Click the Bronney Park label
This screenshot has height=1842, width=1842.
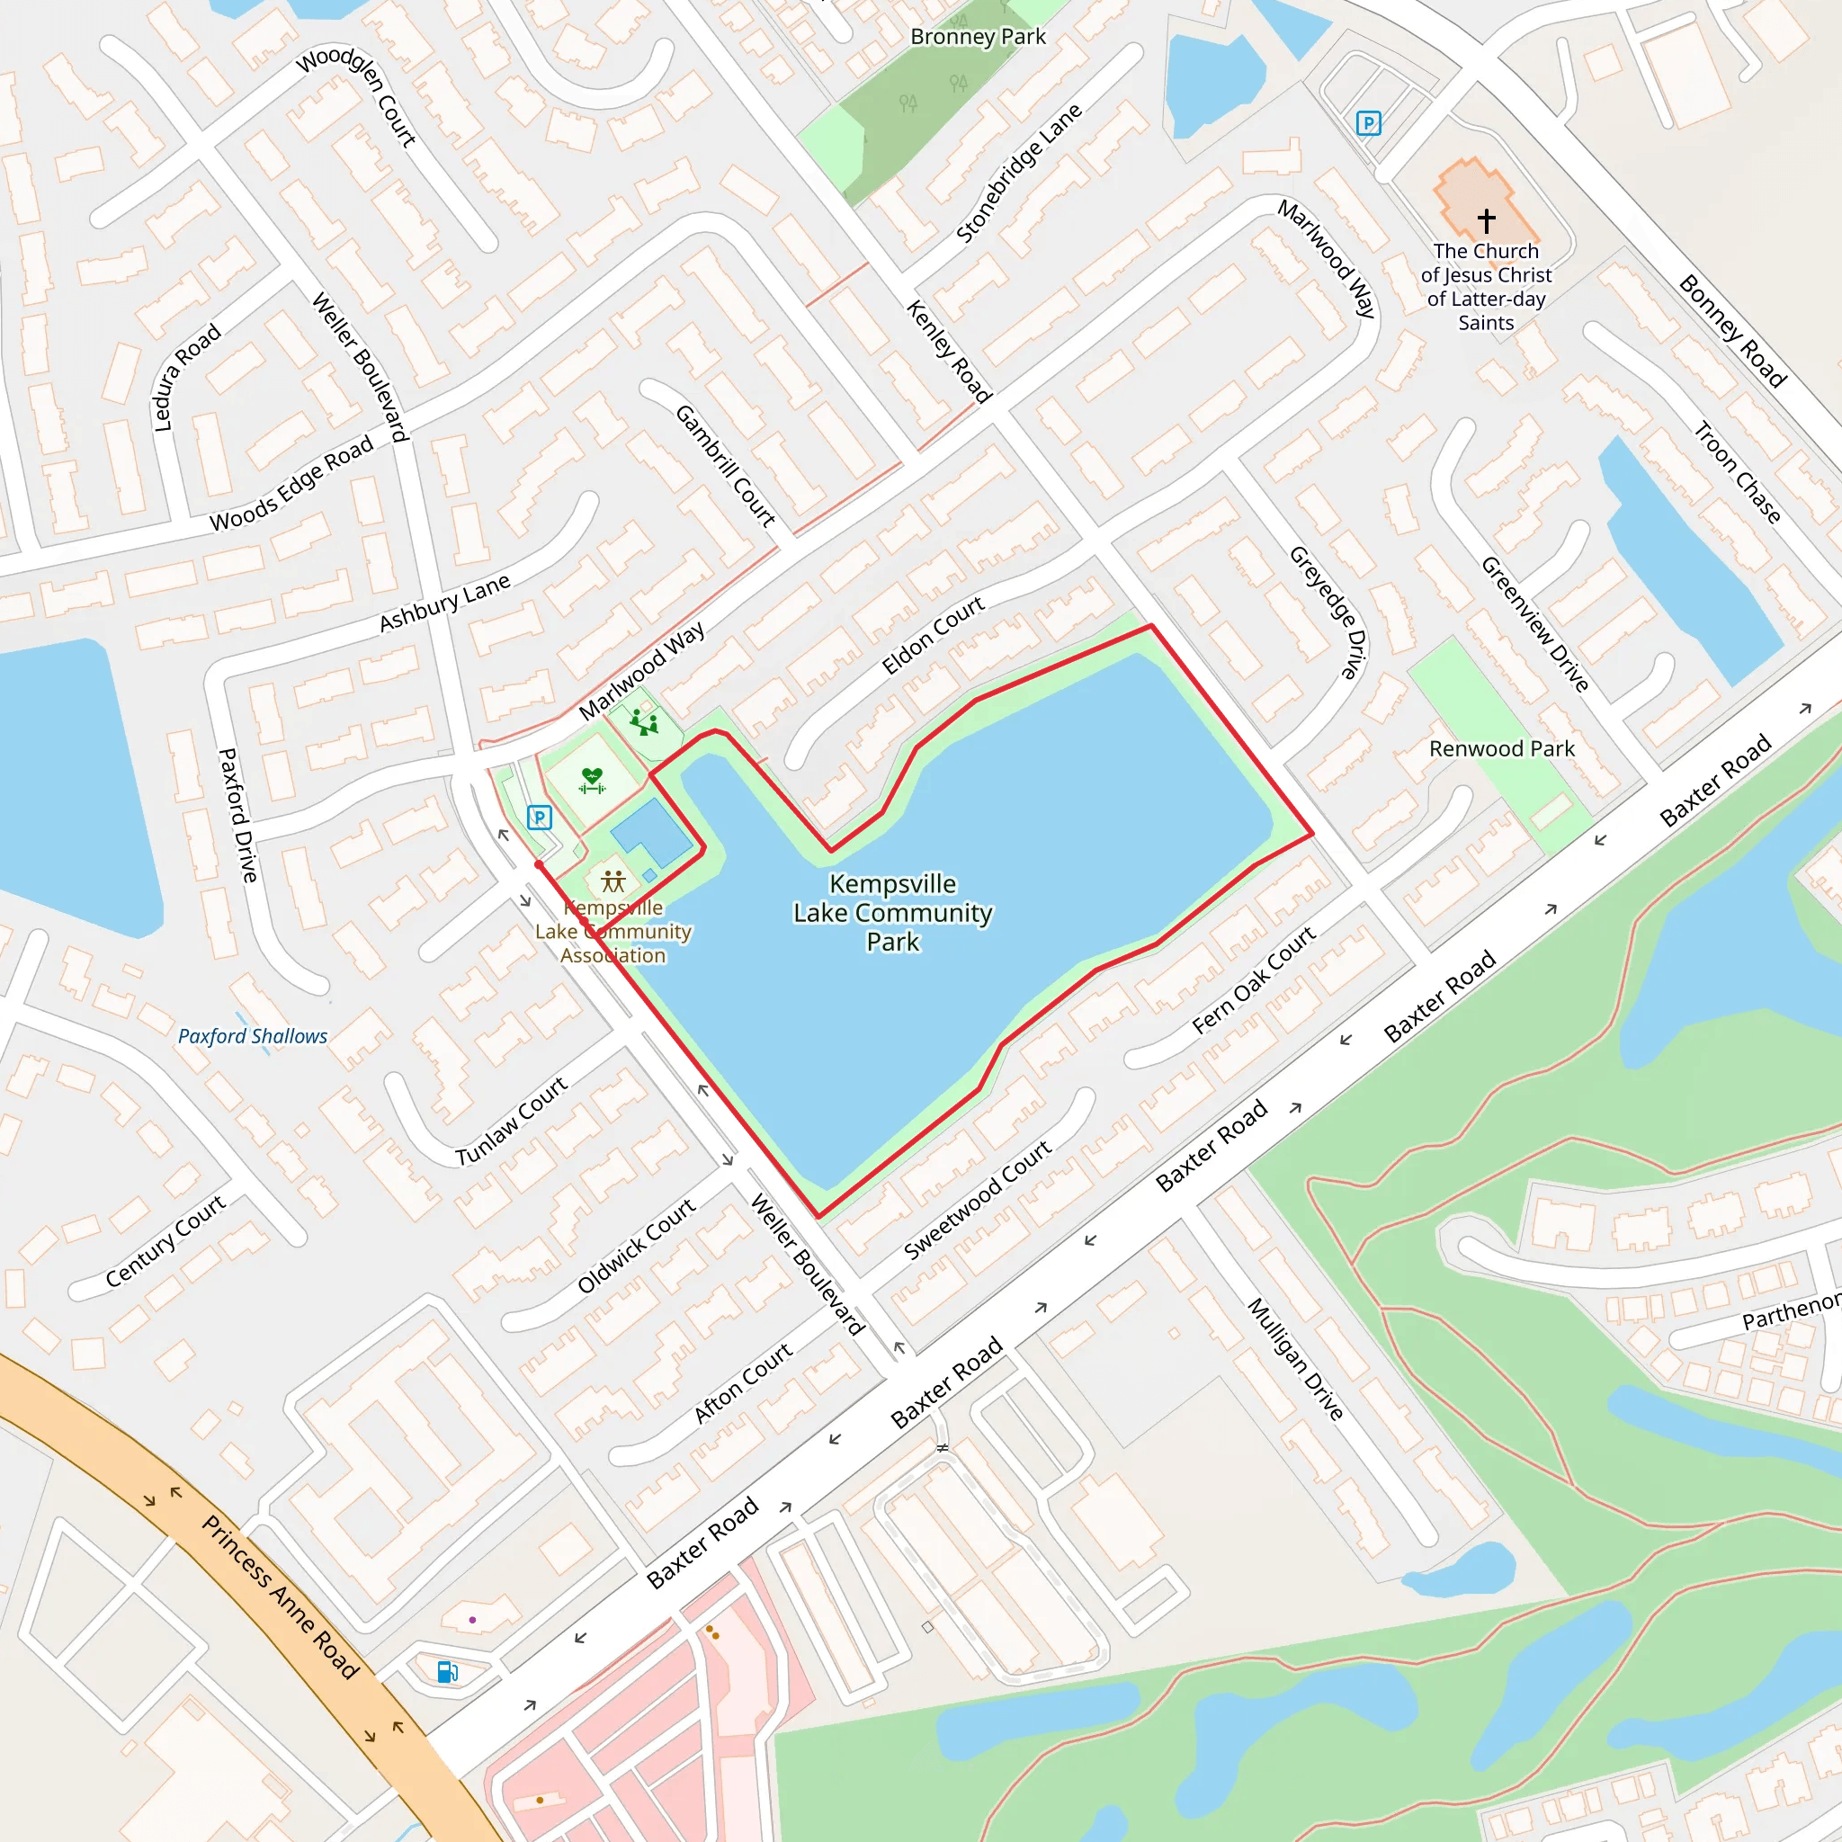point(978,37)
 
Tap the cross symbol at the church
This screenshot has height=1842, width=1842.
point(1486,220)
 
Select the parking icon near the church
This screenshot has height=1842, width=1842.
point(1368,123)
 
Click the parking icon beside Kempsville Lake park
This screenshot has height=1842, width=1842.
point(540,817)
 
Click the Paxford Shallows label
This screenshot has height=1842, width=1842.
point(253,1036)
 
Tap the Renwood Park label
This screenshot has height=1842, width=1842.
point(1502,748)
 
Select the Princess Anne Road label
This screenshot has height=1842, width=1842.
point(281,1597)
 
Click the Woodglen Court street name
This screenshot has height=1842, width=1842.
point(358,96)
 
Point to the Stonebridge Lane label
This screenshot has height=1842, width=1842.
point(1018,173)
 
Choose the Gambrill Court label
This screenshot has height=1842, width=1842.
point(726,466)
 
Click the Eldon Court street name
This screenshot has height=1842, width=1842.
point(933,635)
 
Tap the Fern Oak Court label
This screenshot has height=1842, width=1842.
point(1254,979)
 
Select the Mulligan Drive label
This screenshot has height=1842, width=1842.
point(1295,1359)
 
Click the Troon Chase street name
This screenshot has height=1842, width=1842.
point(1737,473)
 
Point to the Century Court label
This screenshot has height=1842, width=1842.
point(165,1240)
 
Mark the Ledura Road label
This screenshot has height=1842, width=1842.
point(188,377)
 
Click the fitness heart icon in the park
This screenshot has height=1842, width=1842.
point(592,781)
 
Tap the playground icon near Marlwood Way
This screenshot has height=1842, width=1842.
point(645,723)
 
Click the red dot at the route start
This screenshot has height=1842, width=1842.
point(539,864)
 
